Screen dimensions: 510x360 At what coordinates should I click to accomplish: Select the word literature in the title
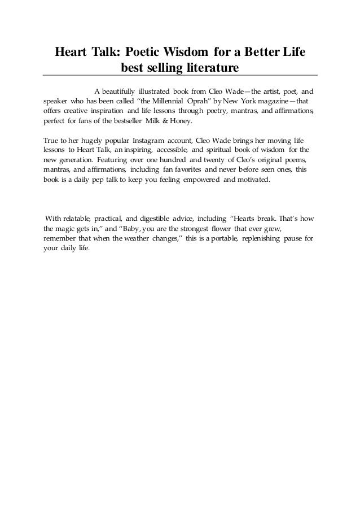[210, 68]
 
